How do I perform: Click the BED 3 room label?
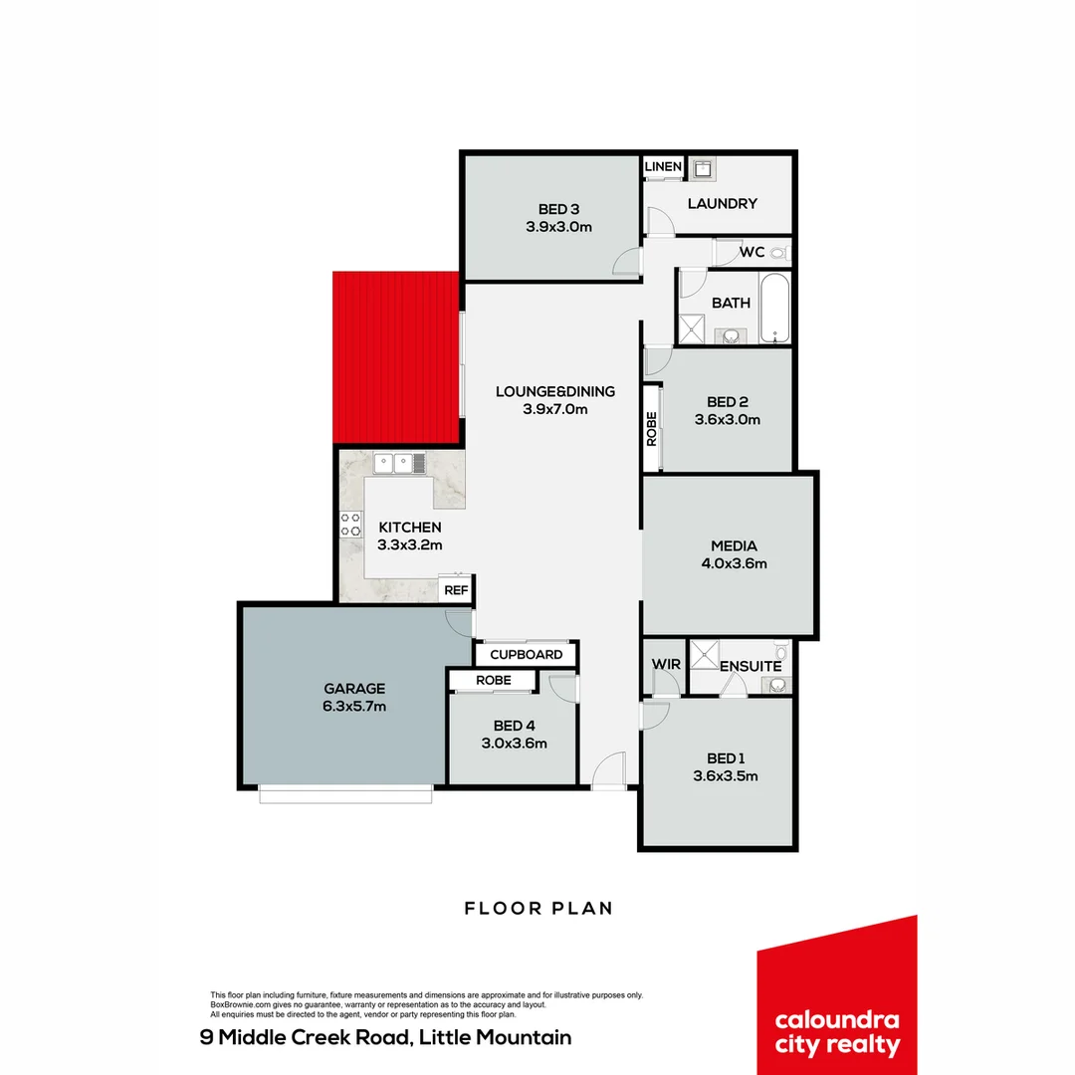[558, 209]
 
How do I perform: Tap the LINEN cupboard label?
[663, 166]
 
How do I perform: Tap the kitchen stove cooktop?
[350, 524]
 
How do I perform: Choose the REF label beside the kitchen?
[456, 590]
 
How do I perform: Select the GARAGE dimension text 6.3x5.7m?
[354, 707]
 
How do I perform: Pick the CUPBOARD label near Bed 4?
[527, 655]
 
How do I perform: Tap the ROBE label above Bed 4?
[494, 680]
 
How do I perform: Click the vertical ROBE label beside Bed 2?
[652, 428]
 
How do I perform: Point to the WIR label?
[665, 664]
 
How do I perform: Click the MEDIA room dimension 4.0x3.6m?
[734, 563]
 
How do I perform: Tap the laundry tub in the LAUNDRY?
[704, 168]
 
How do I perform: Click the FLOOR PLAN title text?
[538, 908]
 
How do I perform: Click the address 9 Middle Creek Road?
[386, 1038]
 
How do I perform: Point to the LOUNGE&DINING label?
[555, 391]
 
